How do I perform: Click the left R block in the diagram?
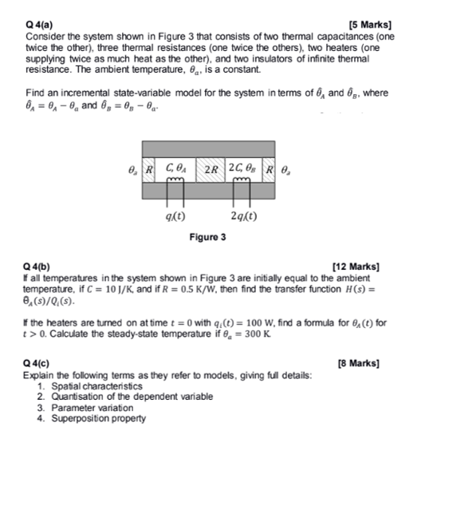[x=149, y=169]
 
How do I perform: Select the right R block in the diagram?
[x=270, y=169]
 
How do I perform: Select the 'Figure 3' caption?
[x=207, y=237]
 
